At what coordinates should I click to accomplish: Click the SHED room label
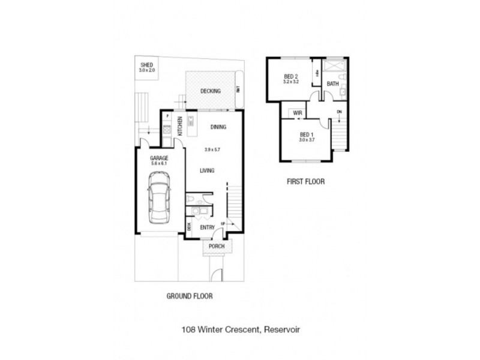point(147,65)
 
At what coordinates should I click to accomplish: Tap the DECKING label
point(211,91)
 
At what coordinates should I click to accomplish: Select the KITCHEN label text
point(179,125)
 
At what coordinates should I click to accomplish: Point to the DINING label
point(218,127)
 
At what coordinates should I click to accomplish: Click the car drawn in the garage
point(158,197)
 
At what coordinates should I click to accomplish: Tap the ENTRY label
point(208,227)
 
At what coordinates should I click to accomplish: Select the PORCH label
point(215,247)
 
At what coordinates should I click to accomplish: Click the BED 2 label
point(291,76)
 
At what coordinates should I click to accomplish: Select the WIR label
point(297,112)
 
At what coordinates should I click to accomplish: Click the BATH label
point(332,84)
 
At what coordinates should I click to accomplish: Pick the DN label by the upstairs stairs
point(340,112)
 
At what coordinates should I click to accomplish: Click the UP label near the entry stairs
point(223,223)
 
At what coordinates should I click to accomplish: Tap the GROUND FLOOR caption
point(190,296)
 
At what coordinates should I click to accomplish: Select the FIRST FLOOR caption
point(305,181)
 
